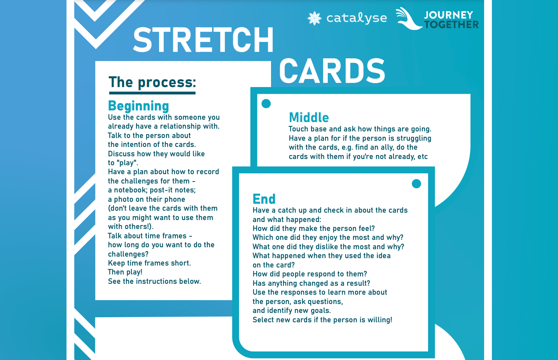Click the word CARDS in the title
pos(332,71)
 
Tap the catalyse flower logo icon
pos(314,18)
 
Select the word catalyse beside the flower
pos(357,18)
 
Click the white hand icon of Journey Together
pos(408,19)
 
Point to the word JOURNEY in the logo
pos(448,15)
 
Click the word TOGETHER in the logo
pos(451,25)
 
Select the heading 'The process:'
pos(152,82)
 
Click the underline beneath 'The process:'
pos(152,93)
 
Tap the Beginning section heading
pos(138,106)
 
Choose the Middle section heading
pos(309,117)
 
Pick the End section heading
pos(264,199)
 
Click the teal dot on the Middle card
pos(266,104)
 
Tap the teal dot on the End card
pos(416,184)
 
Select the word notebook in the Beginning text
pos(129,190)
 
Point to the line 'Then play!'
pos(125,272)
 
